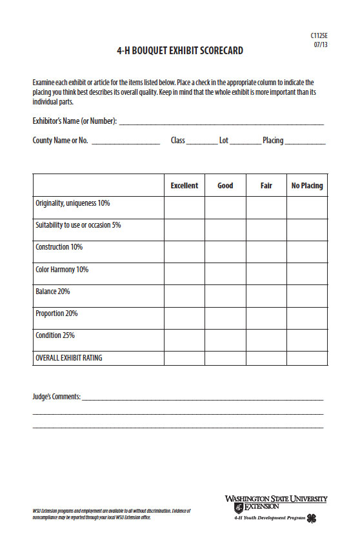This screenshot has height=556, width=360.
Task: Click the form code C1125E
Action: pos(319,36)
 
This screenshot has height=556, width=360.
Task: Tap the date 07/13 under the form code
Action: pos(320,45)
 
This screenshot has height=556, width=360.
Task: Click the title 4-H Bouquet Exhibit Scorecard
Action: pos(180,51)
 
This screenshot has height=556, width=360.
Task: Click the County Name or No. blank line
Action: pos(125,142)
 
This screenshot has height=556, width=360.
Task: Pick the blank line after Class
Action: pos(203,142)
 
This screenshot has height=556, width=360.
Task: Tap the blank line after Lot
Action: pos(245,142)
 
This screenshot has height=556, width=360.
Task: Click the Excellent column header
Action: pos(185,186)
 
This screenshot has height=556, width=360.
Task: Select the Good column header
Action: pos(225,186)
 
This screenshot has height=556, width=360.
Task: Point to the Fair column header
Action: pos(266,186)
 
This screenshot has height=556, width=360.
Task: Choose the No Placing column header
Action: pos(307,186)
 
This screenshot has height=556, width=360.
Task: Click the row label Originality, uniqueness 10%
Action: pos(72,204)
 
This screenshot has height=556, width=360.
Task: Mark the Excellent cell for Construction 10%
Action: pos(185,252)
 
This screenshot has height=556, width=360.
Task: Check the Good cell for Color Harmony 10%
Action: pos(225,273)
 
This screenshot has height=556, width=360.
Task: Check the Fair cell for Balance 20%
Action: pos(266,296)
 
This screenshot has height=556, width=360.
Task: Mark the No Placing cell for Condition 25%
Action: pos(307,340)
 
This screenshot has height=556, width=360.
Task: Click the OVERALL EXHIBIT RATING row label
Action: pos(68,358)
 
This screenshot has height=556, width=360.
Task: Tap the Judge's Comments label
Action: pos(56,397)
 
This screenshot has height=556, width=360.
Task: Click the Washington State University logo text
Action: pos(276,499)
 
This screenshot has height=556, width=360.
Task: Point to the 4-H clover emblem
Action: pos(312,519)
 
